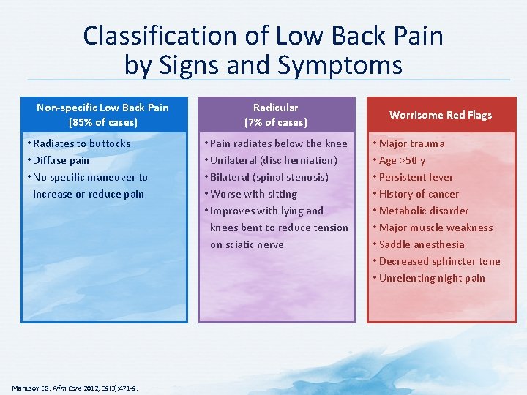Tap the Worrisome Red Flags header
coord(441,115)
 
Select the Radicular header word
coord(276,108)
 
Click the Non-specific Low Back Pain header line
coord(102,108)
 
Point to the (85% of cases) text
coord(102,122)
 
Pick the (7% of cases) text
coord(276,122)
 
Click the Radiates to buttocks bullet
coord(81,143)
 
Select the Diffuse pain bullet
coord(61,160)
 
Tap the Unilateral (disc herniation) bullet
coord(273,160)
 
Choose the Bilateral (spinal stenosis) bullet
coord(269,177)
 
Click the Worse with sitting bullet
coord(253,194)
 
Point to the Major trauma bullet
coord(411,143)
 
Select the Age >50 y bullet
coord(402,160)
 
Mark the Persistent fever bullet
coord(416,177)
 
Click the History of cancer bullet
coord(419,194)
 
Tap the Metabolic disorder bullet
coord(423,211)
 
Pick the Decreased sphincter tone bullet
coord(439,261)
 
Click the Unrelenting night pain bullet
coord(432,278)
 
